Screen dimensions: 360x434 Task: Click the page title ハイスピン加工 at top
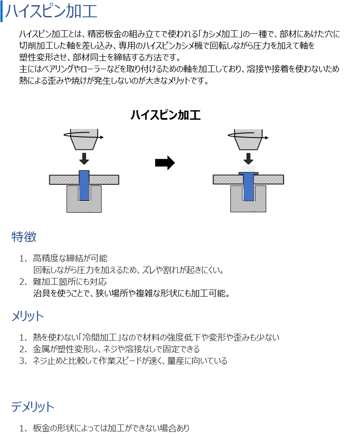[x=51, y=11]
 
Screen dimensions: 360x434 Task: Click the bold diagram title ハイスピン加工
[x=166, y=115]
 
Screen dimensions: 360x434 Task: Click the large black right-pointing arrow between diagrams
[x=165, y=163]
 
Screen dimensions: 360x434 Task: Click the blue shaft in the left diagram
[x=84, y=185]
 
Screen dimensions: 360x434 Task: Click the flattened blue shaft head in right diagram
[x=248, y=173]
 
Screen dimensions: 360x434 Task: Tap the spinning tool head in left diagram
[x=84, y=139]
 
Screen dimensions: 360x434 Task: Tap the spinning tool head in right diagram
[x=248, y=139]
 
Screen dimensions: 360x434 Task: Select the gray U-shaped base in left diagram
[x=84, y=206]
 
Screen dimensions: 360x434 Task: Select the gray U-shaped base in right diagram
[x=248, y=206]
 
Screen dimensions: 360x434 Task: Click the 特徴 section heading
[x=24, y=237]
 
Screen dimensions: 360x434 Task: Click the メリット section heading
[x=28, y=316]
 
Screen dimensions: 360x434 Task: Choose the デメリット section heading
[x=33, y=407]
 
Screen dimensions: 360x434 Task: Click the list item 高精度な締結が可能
[x=70, y=258]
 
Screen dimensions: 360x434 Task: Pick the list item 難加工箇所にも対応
[x=70, y=282]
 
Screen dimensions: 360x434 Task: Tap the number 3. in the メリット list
[x=23, y=361]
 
